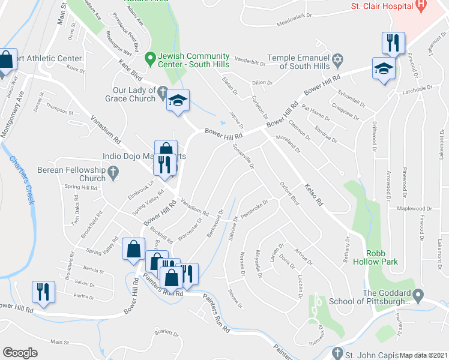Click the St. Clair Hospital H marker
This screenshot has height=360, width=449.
(421, 6)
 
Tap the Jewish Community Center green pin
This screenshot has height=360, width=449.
(150, 59)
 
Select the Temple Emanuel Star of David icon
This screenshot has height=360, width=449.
(338, 60)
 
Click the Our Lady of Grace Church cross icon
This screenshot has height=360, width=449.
(163, 91)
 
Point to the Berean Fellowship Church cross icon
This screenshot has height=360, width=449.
(114, 173)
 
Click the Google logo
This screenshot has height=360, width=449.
(20, 353)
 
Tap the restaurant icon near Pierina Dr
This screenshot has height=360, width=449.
(43, 292)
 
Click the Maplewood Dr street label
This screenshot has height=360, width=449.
(414, 209)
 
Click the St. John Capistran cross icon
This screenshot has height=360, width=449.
(337, 353)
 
